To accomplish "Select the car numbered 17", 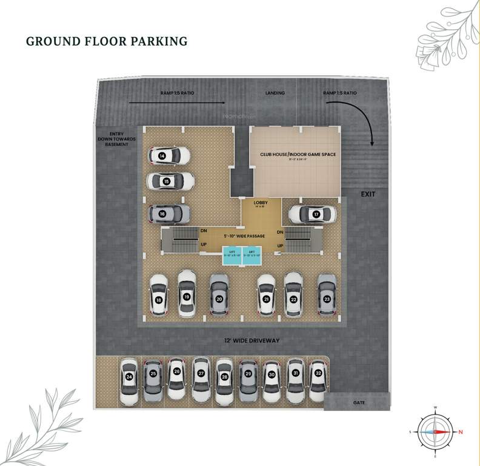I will [x=312, y=214].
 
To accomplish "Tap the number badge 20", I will [x=219, y=299].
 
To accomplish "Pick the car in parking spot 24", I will [x=129, y=382].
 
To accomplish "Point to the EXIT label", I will [x=368, y=194].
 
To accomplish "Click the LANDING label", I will [x=276, y=93].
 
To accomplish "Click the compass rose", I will [x=436, y=431].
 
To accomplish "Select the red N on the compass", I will [x=461, y=431].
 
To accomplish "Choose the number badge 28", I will [x=224, y=377].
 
